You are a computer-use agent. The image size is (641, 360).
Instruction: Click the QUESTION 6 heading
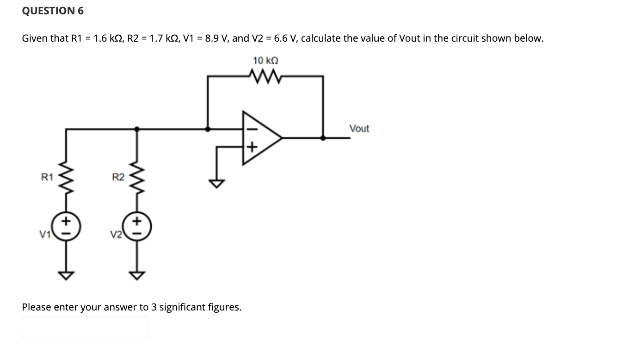(53, 11)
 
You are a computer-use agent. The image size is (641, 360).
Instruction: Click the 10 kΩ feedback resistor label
(265, 61)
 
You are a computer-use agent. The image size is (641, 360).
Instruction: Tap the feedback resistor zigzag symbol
(265, 75)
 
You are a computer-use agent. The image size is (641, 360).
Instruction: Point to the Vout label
(359, 129)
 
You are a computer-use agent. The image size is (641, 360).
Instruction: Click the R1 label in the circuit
(47, 176)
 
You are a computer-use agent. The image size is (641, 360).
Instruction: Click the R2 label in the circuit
(118, 176)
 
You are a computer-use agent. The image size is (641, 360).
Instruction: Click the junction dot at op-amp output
(322, 137)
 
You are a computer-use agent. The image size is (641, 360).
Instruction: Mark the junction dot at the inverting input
(208, 129)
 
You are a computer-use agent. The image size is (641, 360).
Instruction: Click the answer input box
(85, 327)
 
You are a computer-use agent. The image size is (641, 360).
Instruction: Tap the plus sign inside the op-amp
(251, 148)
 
